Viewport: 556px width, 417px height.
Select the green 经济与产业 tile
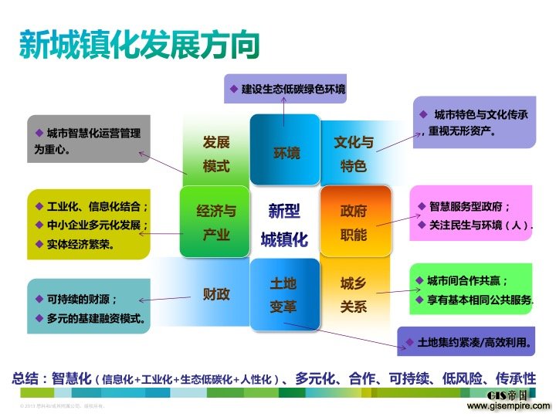tap(215, 222)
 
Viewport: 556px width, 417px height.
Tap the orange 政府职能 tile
tap(353, 222)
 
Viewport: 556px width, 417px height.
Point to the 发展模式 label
tap(216, 154)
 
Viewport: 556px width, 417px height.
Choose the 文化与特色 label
tap(354, 154)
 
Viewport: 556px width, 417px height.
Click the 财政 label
tap(216, 293)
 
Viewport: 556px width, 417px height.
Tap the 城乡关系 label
tap(354, 295)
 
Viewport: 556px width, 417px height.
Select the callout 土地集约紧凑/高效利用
tap(473, 341)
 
